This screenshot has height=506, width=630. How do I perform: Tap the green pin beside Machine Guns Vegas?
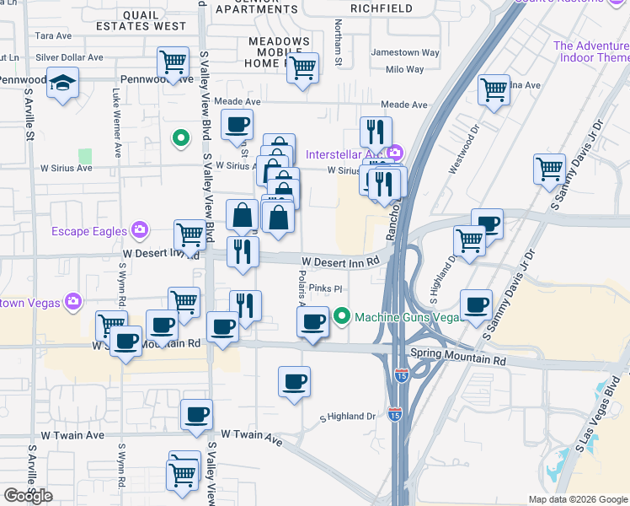(341, 317)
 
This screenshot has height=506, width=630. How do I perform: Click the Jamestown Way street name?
(406, 52)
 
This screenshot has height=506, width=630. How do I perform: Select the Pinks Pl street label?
(325, 288)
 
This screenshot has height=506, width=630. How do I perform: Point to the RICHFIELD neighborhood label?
(382, 8)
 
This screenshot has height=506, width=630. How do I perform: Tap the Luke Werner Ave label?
(115, 120)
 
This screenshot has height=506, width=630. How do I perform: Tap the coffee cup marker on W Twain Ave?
(196, 415)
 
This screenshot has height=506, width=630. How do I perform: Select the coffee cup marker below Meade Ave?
(237, 126)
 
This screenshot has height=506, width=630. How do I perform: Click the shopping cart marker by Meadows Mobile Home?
(302, 68)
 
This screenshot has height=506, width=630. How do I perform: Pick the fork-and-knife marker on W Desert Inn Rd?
(243, 251)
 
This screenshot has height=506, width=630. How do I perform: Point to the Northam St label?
(339, 43)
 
